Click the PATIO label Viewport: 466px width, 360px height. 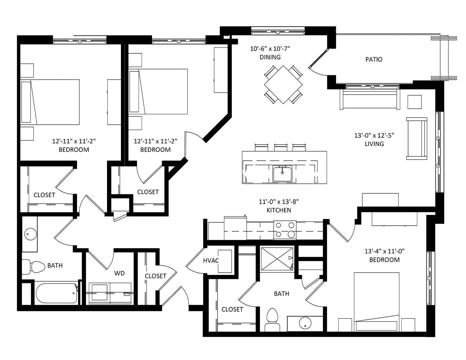(374, 59)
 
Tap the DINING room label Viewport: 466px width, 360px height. (270, 57)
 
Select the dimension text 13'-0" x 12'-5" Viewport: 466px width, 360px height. (374, 136)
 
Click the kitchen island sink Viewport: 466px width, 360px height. (282, 174)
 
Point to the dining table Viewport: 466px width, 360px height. (283, 85)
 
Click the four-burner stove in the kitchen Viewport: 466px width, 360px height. (285, 230)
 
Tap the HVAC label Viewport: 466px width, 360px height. (211, 261)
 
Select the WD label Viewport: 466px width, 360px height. (119, 273)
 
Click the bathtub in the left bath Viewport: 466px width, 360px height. (57, 293)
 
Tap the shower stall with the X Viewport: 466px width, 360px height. (277, 259)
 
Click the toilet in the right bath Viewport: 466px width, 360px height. (272, 320)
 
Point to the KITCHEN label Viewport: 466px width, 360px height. (279, 210)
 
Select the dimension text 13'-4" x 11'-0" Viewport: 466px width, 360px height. (385, 251)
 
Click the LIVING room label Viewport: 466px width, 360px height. (374, 144)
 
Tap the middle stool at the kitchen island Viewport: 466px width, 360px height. (281, 148)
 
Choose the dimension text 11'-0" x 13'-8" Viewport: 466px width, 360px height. (279, 202)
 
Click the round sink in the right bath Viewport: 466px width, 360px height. (305, 323)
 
